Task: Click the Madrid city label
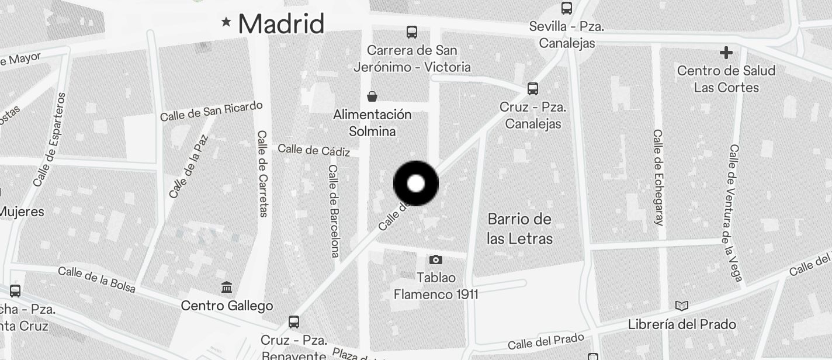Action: (x=281, y=24)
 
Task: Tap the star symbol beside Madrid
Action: (x=226, y=22)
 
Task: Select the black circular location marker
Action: (x=415, y=184)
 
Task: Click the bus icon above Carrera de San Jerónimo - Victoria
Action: (x=412, y=32)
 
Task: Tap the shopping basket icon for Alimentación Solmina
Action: (x=372, y=96)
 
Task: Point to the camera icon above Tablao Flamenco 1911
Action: (x=435, y=259)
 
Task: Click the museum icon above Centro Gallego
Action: (x=227, y=287)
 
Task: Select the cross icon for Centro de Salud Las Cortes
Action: (x=726, y=53)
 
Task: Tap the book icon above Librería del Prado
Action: (x=681, y=306)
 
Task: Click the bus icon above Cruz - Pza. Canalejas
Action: (x=532, y=89)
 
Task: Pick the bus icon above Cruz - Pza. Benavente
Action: (x=294, y=321)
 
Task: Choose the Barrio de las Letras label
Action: (x=519, y=229)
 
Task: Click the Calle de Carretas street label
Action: (x=262, y=173)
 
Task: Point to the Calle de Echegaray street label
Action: (x=658, y=177)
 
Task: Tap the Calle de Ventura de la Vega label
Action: (x=735, y=213)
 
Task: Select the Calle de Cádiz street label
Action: (x=314, y=150)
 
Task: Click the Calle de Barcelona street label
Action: (x=334, y=210)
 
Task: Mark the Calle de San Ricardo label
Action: (x=212, y=111)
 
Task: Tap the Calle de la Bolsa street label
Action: (x=97, y=279)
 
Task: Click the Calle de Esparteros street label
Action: (x=50, y=139)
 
